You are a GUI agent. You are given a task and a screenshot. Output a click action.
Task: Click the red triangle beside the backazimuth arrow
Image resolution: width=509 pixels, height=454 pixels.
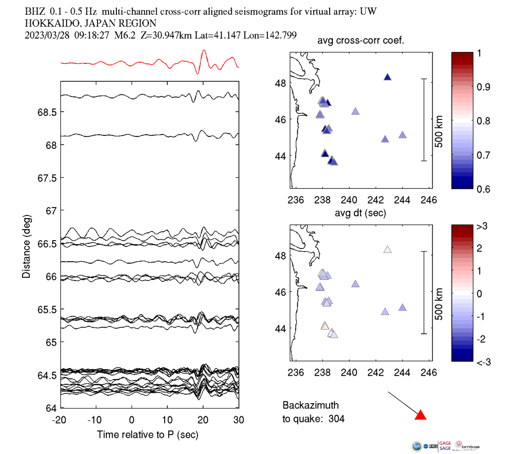[x=420, y=415]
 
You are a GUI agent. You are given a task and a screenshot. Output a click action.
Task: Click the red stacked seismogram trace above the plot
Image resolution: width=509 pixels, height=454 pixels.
[x=150, y=62]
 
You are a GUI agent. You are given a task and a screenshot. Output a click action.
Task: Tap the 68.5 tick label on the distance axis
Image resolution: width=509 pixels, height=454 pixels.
[x=46, y=112]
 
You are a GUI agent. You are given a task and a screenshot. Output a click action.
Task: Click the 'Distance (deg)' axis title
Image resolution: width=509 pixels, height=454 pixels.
[x=26, y=245]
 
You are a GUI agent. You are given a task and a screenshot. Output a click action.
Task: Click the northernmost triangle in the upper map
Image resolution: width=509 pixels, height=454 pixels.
[x=388, y=77]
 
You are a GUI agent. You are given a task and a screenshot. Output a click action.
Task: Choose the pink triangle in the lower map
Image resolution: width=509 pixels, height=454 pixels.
[x=325, y=326]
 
